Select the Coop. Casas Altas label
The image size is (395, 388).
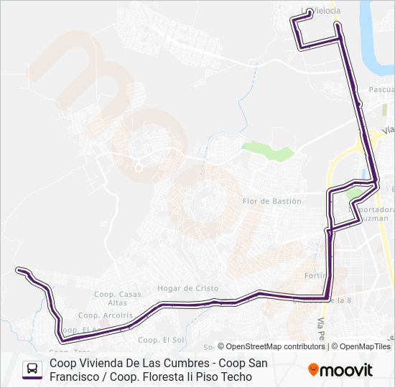(x=117, y=298)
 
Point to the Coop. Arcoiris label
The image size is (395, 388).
(x=98, y=315)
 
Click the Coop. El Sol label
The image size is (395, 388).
(x=161, y=340)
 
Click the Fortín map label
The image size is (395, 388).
(x=316, y=275)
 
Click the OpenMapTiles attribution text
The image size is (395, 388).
(x=365, y=346)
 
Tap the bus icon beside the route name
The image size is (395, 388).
(x=32, y=369)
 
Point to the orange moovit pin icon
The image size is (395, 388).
(x=313, y=370)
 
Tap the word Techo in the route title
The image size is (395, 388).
(x=237, y=377)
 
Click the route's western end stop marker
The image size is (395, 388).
(x=19, y=270)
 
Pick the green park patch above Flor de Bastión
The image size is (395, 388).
(x=268, y=150)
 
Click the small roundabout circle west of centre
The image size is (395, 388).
(x=137, y=167)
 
